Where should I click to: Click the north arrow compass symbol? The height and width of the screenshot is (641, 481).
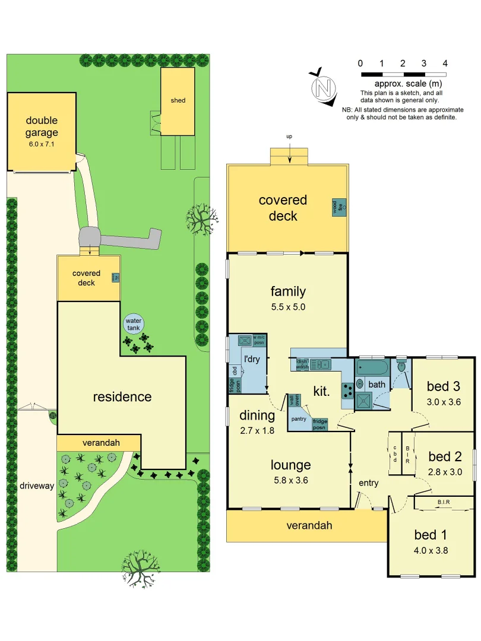[x=324, y=88]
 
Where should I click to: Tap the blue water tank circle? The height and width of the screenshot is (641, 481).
[x=133, y=324]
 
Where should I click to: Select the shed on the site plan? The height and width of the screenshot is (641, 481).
[x=178, y=100]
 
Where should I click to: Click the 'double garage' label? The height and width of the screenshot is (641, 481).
[x=42, y=126]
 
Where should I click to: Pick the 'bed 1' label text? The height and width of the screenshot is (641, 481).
[x=431, y=534]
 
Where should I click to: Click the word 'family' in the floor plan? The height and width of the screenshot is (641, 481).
[x=288, y=291]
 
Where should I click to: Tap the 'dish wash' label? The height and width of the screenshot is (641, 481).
[x=302, y=363]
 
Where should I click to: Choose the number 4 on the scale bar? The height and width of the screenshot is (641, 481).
[x=445, y=63]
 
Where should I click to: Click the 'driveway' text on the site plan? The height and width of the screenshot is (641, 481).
[x=37, y=485]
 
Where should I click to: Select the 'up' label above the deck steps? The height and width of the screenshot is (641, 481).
[x=289, y=137]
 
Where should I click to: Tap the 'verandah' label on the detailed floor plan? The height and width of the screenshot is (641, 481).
[x=309, y=525]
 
